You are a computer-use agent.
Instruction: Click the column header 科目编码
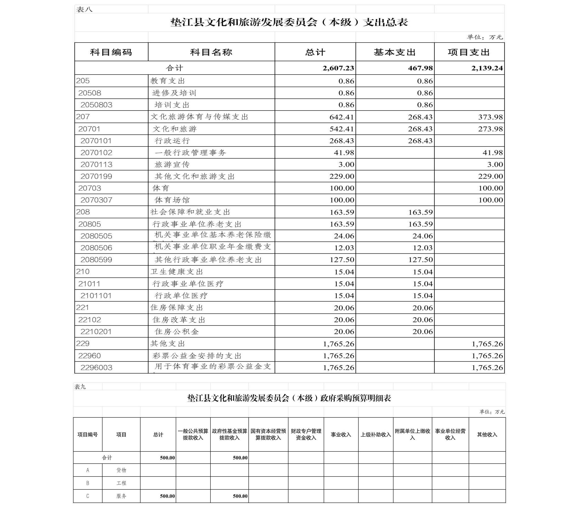tap(111, 52)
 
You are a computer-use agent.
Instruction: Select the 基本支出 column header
tap(394, 52)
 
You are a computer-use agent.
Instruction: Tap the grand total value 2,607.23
tap(338, 68)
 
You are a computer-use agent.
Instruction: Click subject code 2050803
tap(96, 105)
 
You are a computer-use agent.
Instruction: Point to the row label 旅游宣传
tap(172, 165)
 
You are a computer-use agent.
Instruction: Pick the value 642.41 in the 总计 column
tap(342, 117)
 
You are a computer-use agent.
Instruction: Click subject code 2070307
tap(96, 200)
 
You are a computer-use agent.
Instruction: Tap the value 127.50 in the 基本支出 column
tap(420, 260)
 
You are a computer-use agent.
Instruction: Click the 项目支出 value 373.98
tap(490, 117)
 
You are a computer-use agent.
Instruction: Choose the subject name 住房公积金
tap(177, 332)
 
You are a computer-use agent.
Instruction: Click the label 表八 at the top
tap(84, 10)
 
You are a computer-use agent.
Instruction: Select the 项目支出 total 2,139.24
tap(487, 68)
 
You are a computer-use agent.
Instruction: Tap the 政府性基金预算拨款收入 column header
tap(229, 434)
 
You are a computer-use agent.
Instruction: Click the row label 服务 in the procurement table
tap(121, 496)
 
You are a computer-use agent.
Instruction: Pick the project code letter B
tap(88, 483)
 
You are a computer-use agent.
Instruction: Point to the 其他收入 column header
tap(487, 434)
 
